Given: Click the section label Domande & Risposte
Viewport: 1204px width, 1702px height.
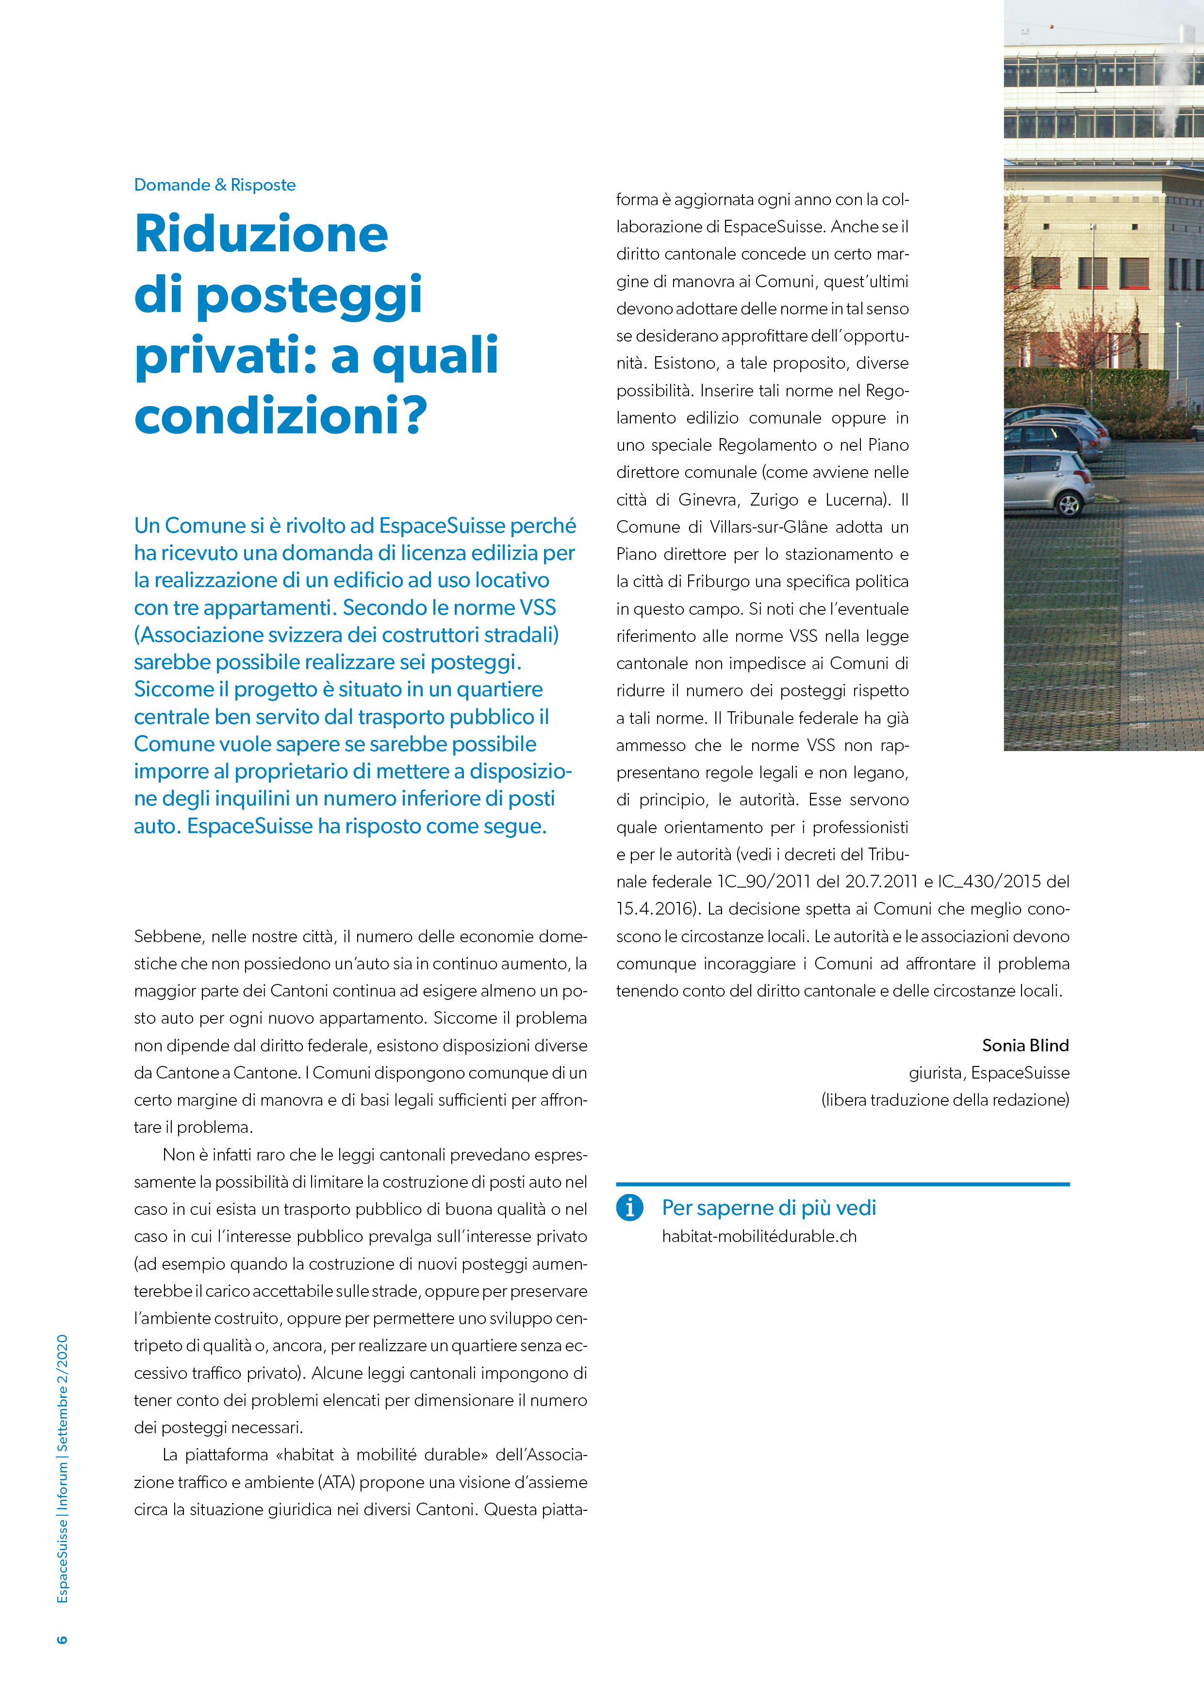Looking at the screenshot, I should click(x=214, y=184).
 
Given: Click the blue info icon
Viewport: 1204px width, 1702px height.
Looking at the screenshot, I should click(x=629, y=1208).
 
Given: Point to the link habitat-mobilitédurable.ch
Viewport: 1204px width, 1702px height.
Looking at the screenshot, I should click(x=759, y=1236).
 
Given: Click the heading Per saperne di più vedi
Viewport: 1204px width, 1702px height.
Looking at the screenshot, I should click(x=768, y=1208).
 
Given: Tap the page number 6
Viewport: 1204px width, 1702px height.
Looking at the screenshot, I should click(x=62, y=1639).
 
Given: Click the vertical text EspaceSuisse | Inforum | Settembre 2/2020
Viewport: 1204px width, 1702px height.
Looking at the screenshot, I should click(x=62, y=1468).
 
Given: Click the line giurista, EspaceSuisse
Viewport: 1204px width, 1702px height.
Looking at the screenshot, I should click(x=989, y=1073).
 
